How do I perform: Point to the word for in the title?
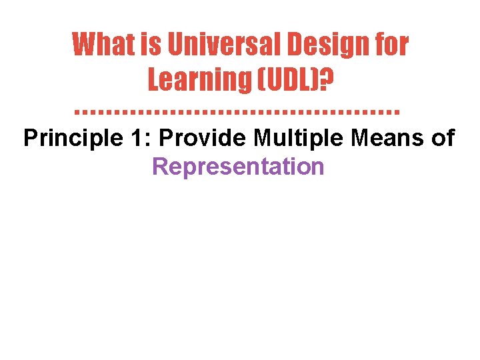pyautogui.click(x=390, y=45)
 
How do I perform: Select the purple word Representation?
pyautogui.click(x=238, y=167)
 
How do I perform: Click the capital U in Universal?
pyautogui.click(x=176, y=45)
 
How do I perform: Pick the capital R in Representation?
pyautogui.click(x=159, y=167)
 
